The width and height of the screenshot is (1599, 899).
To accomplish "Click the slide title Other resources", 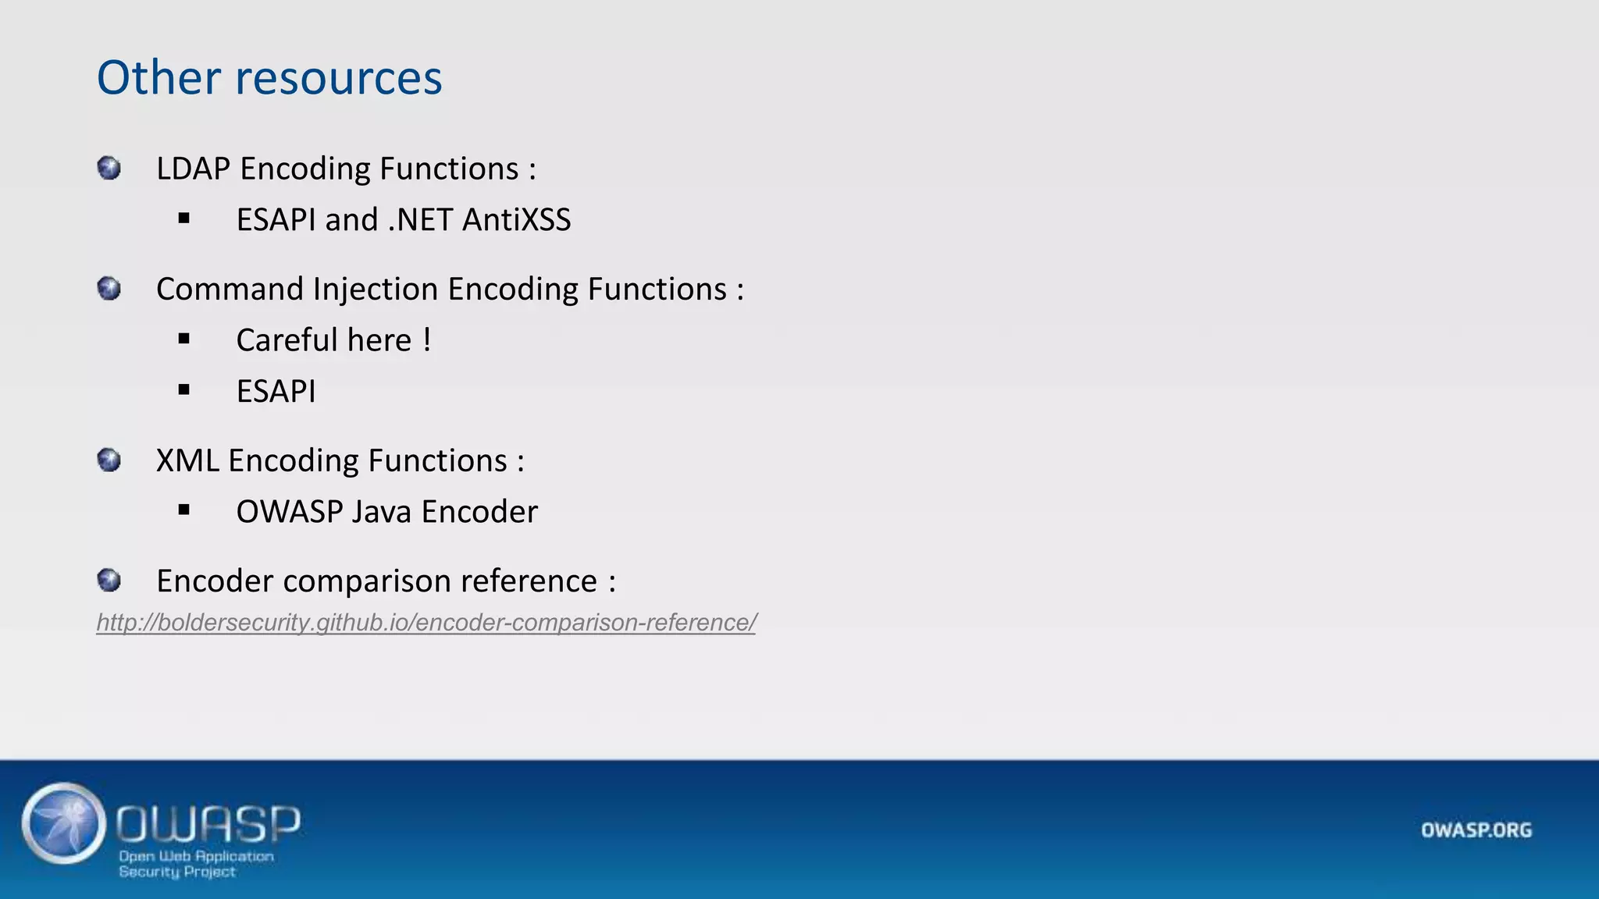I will coord(269,78).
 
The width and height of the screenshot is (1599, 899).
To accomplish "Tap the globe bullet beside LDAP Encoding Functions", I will coord(109,168).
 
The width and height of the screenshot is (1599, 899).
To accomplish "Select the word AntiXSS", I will coord(516,220).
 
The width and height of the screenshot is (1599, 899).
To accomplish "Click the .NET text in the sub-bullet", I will coord(420,220).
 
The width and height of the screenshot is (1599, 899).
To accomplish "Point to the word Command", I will coord(230,290).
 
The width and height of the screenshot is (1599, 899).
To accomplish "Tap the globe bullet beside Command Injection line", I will coord(109,289).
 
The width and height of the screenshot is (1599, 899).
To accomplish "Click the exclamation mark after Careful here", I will coord(427,340).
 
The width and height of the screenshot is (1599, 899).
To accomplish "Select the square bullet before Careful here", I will coord(184,339).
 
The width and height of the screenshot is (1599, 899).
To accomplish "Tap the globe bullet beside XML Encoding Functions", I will coord(109,460).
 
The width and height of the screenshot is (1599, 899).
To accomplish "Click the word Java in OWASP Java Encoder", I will coord(381,512).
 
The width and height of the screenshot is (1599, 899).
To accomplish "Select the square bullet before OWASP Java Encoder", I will coord(184,510).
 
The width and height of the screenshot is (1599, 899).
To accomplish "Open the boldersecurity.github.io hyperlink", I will coord(426,623).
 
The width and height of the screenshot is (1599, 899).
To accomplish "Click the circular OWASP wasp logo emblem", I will coord(64,823).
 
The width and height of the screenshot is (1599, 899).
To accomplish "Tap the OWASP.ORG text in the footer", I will coord(1476,830).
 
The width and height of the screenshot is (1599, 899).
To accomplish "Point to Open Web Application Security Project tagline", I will coord(195,864).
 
